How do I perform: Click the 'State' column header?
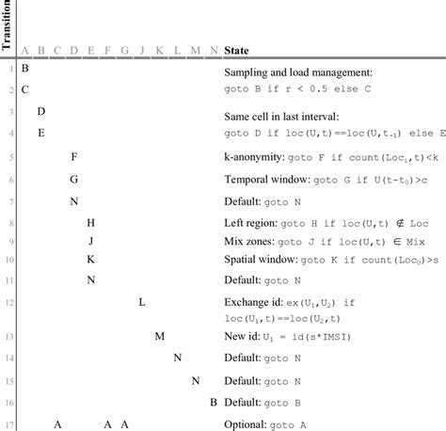click(x=236, y=50)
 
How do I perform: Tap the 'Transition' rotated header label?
click(x=8, y=25)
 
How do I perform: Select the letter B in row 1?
click(x=24, y=70)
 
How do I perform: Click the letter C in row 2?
click(x=24, y=89)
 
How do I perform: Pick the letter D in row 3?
click(x=41, y=112)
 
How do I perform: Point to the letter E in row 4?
click(x=41, y=133)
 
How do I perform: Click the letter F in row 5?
click(x=74, y=156)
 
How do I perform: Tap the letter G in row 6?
click(x=74, y=179)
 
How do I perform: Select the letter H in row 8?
click(x=91, y=223)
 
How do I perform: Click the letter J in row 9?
click(x=91, y=241)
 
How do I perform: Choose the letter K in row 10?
click(x=91, y=259)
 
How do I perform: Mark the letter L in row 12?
click(x=142, y=302)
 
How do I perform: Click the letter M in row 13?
click(x=160, y=336)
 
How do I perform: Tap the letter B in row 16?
click(x=214, y=403)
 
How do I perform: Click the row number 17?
click(x=8, y=424)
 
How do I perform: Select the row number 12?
click(x=8, y=302)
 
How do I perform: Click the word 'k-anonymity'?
click(x=254, y=156)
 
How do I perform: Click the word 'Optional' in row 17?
click(x=245, y=424)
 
